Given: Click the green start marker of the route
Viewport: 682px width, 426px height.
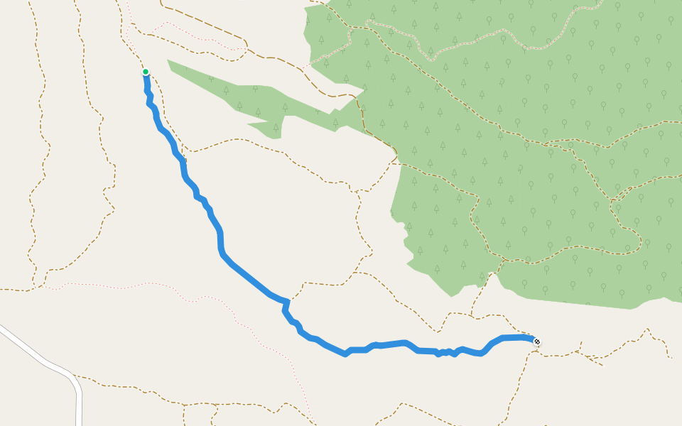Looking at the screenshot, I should (146, 72).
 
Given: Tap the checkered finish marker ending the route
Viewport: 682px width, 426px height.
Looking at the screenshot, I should (537, 342).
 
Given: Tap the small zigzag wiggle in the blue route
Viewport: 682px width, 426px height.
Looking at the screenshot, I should (446, 352).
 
